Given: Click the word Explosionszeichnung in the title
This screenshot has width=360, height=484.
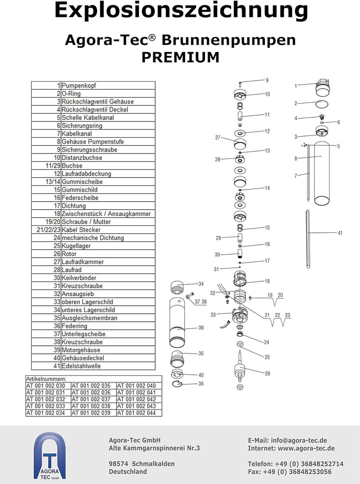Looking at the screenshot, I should pos(180,11).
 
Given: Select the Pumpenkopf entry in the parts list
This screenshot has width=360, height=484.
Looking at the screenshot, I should pos(79,86).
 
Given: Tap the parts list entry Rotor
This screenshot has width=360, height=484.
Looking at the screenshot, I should pos(69,254).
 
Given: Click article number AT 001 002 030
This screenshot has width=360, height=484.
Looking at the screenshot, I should pos(45,386).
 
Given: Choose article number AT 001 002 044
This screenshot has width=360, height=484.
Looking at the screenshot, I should pos(136,413).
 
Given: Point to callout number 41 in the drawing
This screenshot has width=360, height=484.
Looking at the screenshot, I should pos(340,233).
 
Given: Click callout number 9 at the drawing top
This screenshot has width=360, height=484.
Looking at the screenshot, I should pos(267,80).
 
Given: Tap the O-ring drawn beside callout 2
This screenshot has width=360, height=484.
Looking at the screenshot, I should pos(322,104).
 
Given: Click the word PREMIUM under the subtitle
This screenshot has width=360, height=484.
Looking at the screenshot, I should pos(180,58).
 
